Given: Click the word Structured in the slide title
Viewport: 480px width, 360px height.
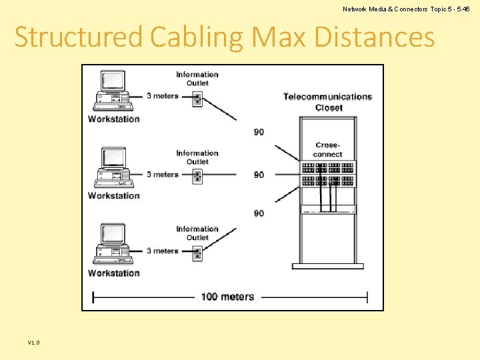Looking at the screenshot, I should pos(78,37).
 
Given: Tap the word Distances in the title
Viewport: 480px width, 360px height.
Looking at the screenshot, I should pos(374,37).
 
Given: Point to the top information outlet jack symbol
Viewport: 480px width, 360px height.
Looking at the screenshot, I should pos(197,99).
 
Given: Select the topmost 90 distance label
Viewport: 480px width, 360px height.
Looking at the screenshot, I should pos(259,132).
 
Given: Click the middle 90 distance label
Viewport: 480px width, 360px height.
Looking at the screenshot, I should pos(259,175).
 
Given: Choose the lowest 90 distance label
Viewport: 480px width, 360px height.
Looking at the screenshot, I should pos(259,213).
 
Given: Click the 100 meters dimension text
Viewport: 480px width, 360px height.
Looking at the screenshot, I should pos(227,297).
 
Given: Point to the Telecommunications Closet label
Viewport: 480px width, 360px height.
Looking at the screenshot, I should pos(328,102).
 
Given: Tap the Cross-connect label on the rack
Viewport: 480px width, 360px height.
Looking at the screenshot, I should pos(328,149).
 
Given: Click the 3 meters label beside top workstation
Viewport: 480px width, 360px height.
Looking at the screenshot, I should pos(163,96).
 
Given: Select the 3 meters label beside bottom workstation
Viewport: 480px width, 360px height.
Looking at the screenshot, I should pos(163,251).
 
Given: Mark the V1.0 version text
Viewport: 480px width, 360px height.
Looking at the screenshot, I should pos(34,343).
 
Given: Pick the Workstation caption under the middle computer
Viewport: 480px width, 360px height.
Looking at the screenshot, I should pos(114,196).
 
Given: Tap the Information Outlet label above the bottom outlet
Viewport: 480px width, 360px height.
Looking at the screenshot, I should pos(197,233).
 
